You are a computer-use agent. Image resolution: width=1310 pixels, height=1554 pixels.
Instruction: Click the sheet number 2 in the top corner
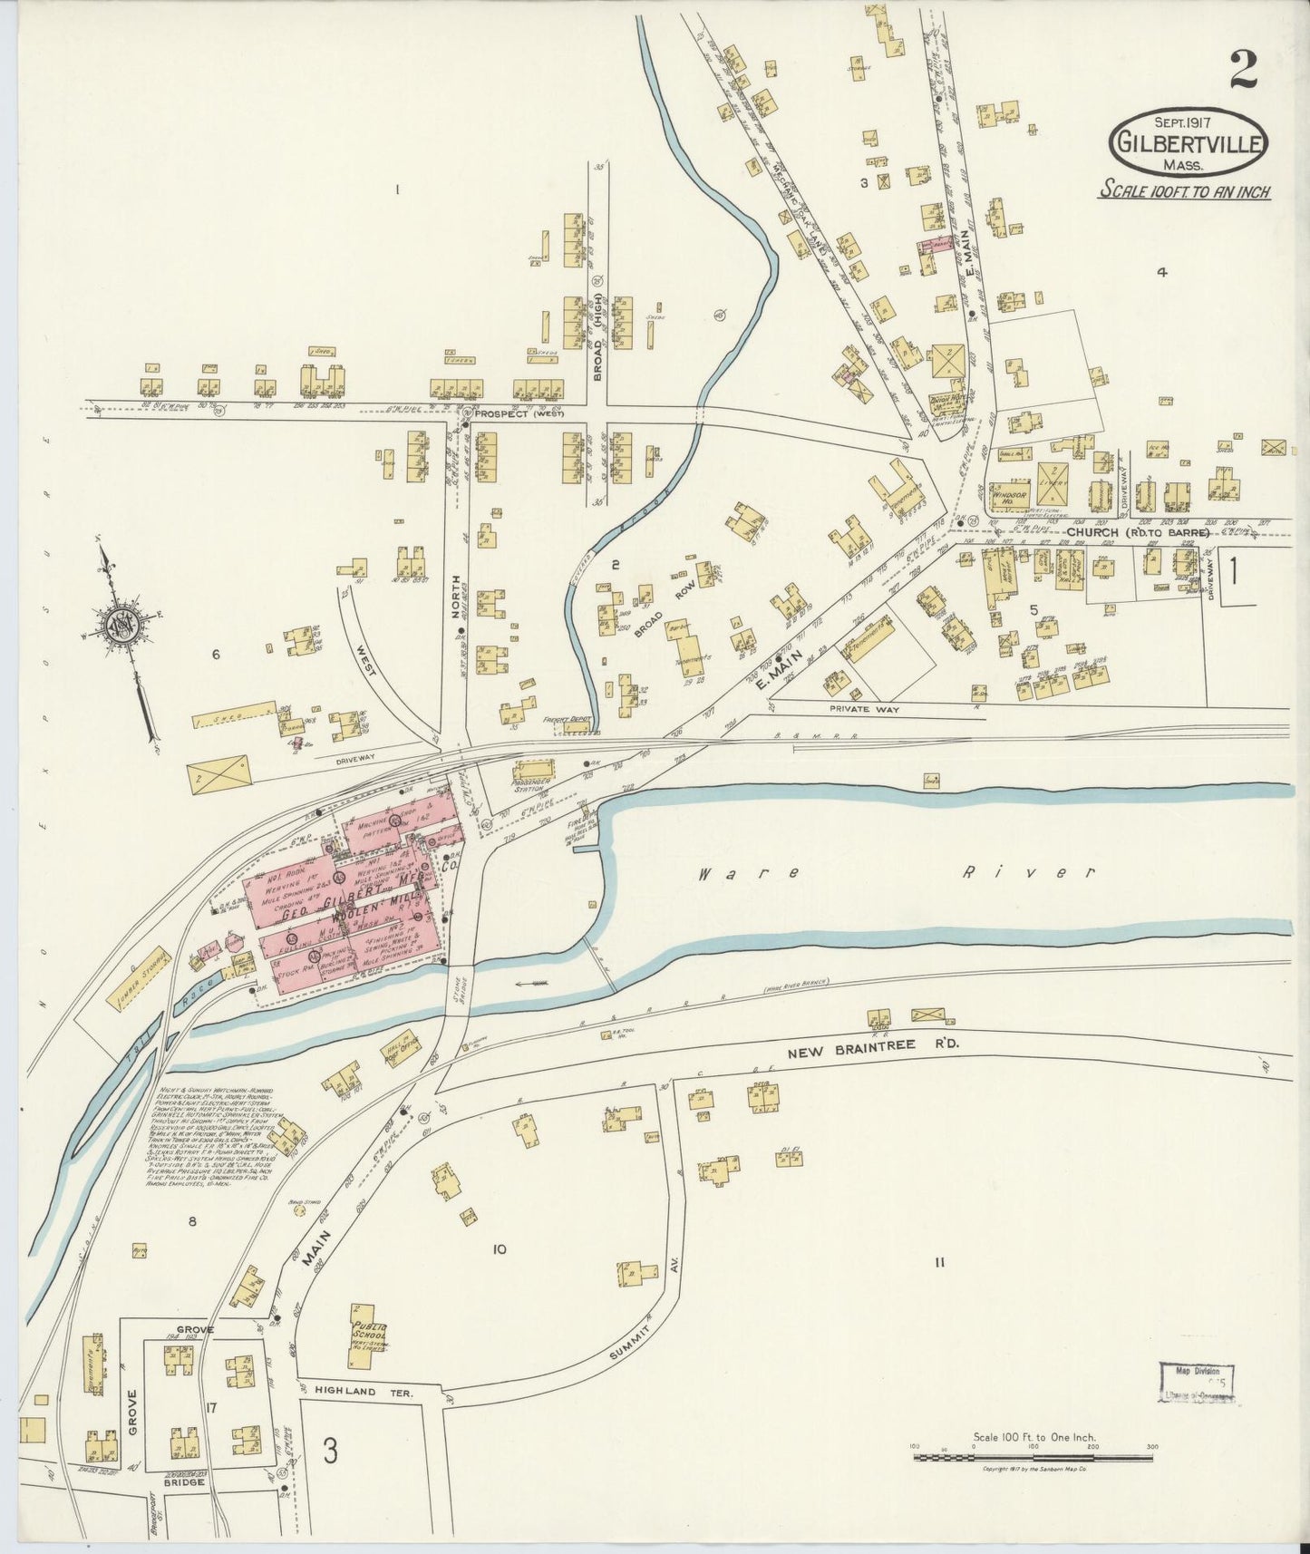(x=1243, y=69)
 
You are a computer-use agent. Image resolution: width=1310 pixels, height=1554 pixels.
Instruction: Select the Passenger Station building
(x=533, y=783)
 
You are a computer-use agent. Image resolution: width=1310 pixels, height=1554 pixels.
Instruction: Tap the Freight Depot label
(x=567, y=720)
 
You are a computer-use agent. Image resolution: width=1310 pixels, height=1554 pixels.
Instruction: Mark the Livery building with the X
(x=1053, y=482)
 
